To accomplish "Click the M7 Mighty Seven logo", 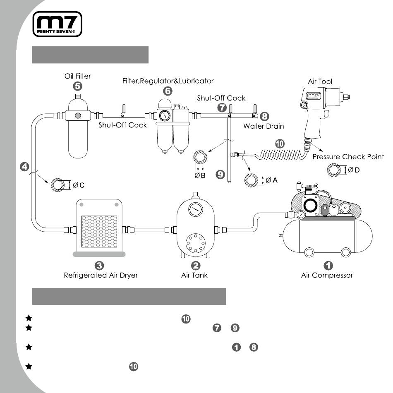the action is [x=58, y=24].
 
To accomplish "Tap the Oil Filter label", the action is [x=78, y=76].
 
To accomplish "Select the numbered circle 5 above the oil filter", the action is [x=78, y=86].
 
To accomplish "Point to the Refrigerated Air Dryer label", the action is [x=101, y=275].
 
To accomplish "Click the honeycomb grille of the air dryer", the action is [x=99, y=231].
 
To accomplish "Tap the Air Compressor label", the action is [x=327, y=275].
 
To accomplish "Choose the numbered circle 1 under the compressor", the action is [x=328, y=266].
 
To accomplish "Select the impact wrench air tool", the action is [x=324, y=113].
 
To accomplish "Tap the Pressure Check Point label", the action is [x=348, y=157].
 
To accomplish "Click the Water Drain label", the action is [x=264, y=126].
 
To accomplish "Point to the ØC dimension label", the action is [x=79, y=185].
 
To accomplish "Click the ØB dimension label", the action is [x=200, y=175].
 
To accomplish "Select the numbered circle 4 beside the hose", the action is [x=24, y=167].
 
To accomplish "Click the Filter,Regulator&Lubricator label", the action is [x=168, y=81].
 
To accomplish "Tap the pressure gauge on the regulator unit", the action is [x=165, y=116].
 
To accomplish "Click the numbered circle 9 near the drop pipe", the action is [x=220, y=175].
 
